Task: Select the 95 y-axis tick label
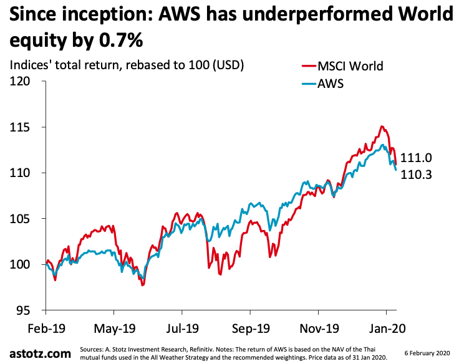point(24,310)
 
